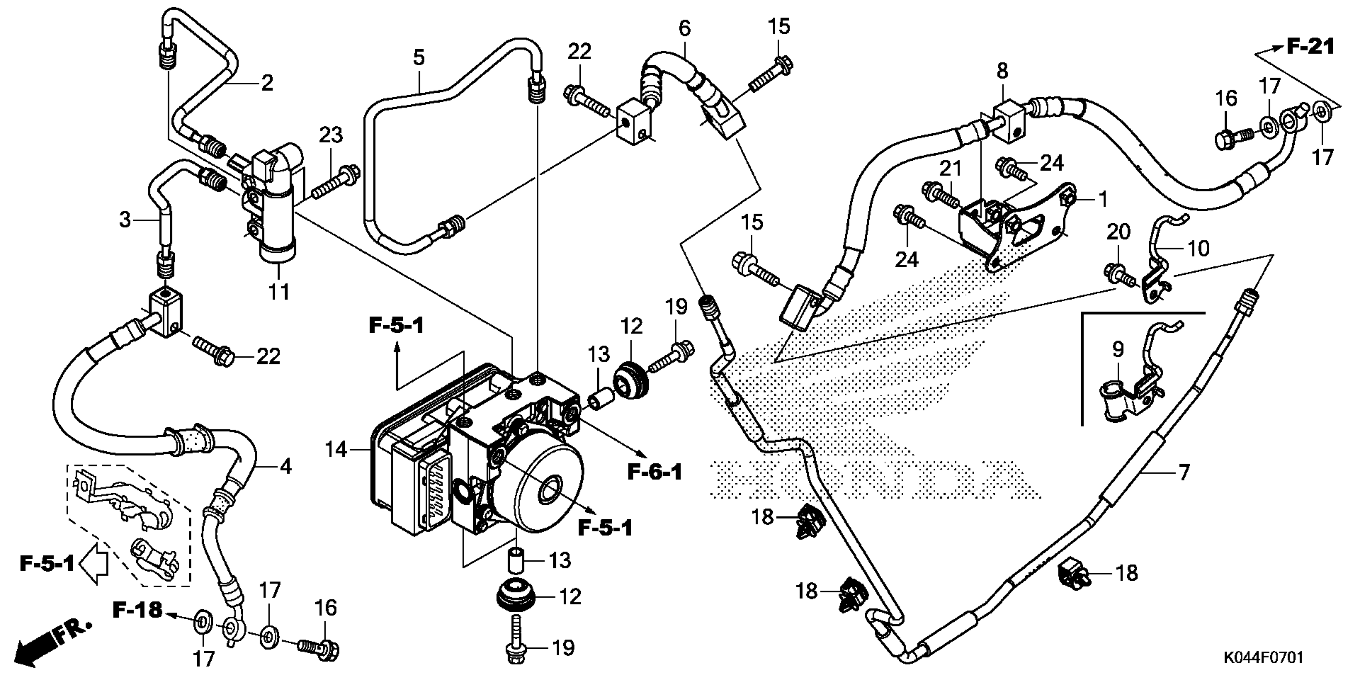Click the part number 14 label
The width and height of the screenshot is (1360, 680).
point(336,450)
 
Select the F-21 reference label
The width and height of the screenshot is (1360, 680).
point(1310,47)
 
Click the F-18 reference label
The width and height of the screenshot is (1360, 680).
point(137,610)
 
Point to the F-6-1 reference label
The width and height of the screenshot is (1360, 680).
point(655,472)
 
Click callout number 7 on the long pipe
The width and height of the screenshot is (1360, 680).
point(1184,472)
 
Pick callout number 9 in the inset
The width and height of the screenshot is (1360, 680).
point(1118,350)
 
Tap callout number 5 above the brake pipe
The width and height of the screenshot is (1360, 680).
point(419,58)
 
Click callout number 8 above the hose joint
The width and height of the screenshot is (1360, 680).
point(1002,70)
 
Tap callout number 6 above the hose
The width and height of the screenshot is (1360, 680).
point(684,28)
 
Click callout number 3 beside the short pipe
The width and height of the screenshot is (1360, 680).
point(124,219)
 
